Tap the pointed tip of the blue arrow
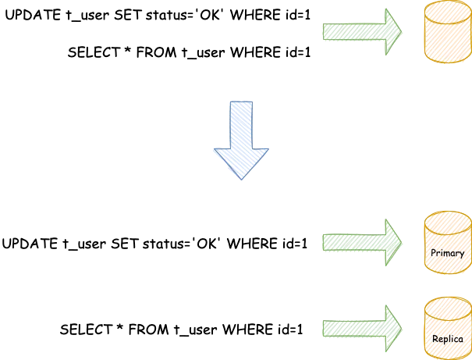coord(241,177)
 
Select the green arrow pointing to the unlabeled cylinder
coord(360,32)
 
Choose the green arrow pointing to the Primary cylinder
coord(360,242)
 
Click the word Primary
coord(448,253)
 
